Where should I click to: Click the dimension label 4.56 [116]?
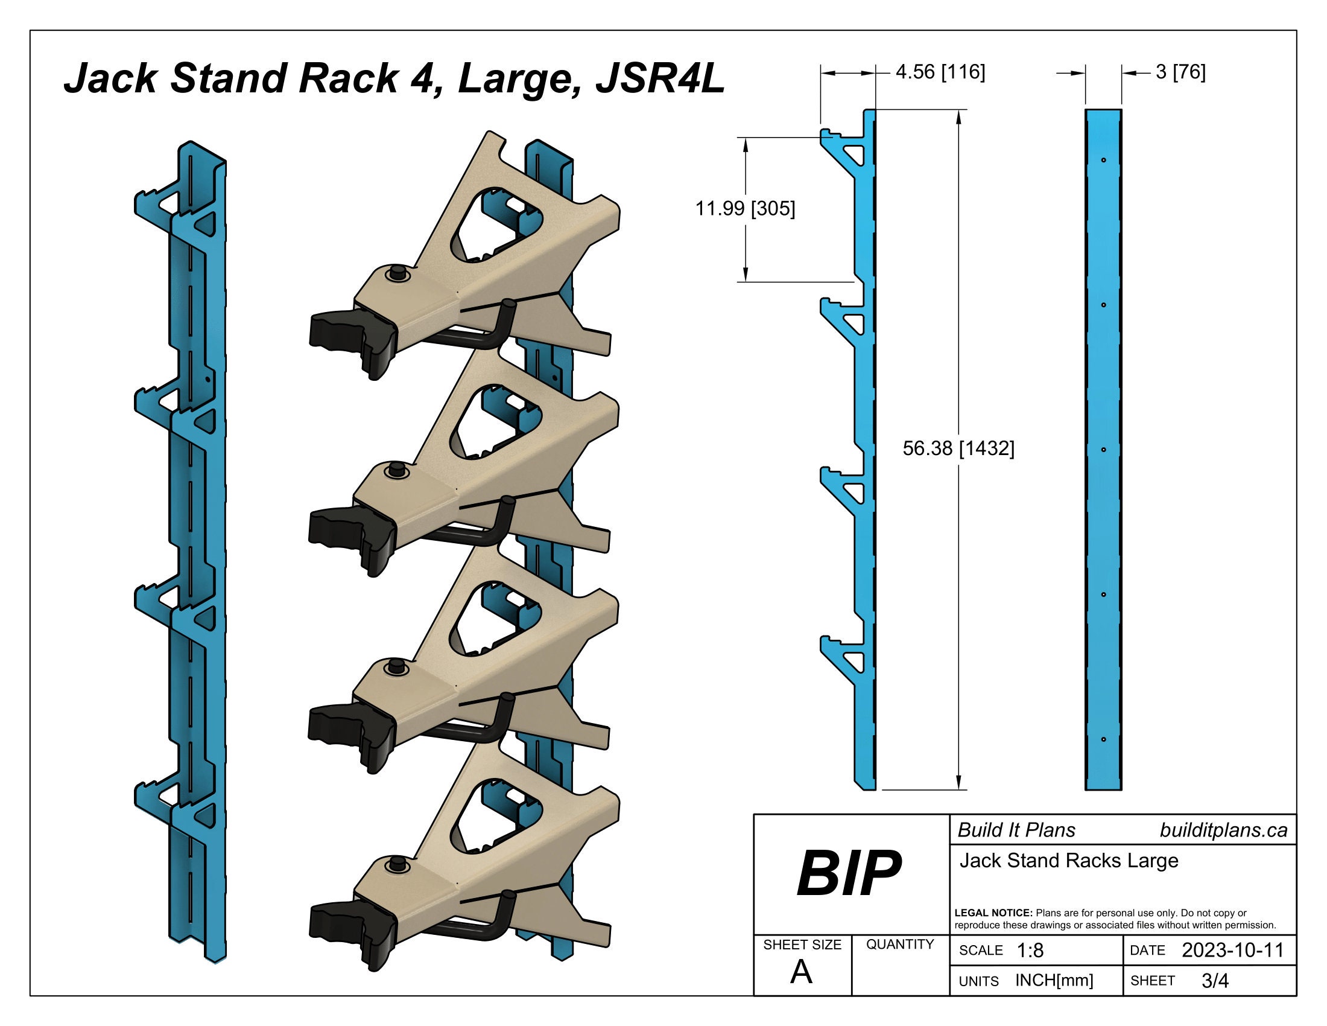tap(940, 72)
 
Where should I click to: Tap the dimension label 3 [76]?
tap(1180, 72)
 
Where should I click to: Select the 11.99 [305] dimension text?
tap(745, 209)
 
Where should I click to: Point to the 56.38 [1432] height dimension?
tap(958, 448)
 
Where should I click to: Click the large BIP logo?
tap(849, 873)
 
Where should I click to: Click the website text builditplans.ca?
tap(1223, 830)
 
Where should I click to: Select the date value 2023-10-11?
tap(1232, 950)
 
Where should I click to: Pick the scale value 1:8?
tap(1030, 951)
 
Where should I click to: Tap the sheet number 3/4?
tap(1215, 980)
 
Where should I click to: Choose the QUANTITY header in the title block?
tap(900, 945)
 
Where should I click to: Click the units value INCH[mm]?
tap(1054, 980)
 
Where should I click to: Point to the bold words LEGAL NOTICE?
tap(993, 913)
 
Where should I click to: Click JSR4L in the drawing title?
tap(660, 79)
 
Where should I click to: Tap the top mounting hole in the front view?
tap(1103, 161)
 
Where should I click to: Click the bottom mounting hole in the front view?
tap(1103, 740)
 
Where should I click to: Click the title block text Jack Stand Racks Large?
tap(1069, 861)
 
